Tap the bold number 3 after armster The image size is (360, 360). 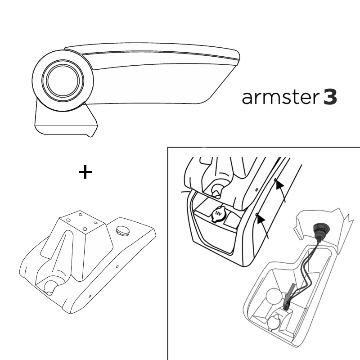coord(330,97)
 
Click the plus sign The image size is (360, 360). coord(85,172)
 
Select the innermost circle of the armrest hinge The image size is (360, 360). coord(63,80)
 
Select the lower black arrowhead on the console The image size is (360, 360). coord(261,219)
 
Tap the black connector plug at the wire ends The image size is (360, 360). coord(287,306)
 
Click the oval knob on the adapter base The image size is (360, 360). coord(123,230)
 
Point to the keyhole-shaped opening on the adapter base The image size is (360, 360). coord(50,286)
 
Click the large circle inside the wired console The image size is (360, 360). coord(274,297)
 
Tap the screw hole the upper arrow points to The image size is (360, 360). coord(275,180)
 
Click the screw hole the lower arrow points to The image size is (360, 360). coord(256,214)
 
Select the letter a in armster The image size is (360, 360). coord(247,98)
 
